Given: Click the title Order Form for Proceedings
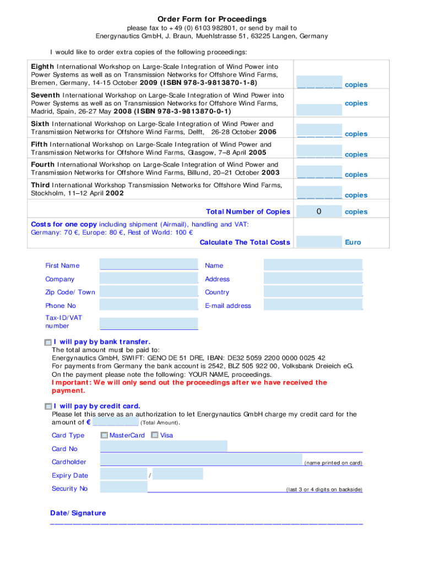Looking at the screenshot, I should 212,19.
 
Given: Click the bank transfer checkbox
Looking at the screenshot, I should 48,343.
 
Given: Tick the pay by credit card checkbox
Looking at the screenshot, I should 48,406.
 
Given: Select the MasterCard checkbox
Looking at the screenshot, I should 104,436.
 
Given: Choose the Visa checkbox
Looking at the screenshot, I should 155,436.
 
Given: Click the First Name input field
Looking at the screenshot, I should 149,265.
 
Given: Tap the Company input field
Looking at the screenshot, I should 149,278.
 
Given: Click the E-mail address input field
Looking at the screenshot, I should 313,305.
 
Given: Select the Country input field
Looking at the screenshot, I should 313,292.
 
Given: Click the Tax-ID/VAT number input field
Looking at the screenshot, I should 149,323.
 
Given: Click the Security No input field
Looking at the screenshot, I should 124,487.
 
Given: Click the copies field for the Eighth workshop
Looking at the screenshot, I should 319,83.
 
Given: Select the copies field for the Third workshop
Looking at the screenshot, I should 319,193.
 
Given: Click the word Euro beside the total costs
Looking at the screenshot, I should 352,242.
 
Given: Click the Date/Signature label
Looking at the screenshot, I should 78,513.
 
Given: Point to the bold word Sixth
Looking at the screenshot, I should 40,124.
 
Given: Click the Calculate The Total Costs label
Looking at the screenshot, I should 244,242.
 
